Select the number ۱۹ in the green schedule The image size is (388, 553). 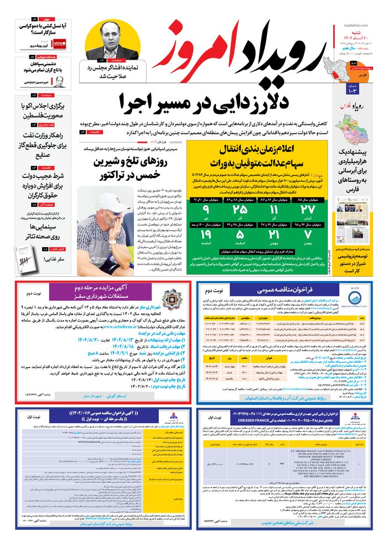207,237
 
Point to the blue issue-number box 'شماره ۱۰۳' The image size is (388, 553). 353,88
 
